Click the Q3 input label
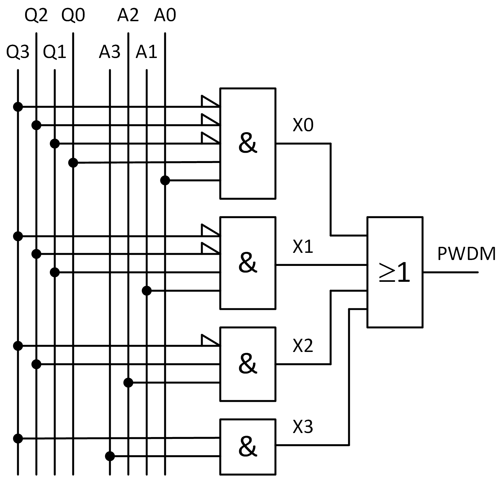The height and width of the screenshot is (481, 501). click(x=18, y=52)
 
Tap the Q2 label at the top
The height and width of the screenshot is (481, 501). click(x=36, y=15)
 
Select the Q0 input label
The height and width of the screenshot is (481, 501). click(x=73, y=15)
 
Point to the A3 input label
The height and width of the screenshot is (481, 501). click(x=109, y=52)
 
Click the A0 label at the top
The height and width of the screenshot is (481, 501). click(x=165, y=15)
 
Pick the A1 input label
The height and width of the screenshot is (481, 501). click(x=146, y=52)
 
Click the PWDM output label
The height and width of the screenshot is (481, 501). click(x=466, y=254)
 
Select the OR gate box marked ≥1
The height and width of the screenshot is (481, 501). click(x=395, y=272)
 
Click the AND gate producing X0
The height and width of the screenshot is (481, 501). click(x=248, y=143)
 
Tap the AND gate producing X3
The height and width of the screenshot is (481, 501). click(x=248, y=447)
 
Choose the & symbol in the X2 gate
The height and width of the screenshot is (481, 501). click(x=248, y=364)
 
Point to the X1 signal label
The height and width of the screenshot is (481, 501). click(x=303, y=247)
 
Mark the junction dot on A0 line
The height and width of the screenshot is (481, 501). click(x=165, y=180)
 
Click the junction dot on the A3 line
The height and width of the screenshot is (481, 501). click(x=110, y=456)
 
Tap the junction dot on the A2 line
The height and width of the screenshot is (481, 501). click(x=128, y=382)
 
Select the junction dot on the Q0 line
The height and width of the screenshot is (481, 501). click(x=73, y=162)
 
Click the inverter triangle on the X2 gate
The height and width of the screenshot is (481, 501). click(x=210, y=340)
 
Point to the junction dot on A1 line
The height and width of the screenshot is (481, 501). click(x=147, y=291)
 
